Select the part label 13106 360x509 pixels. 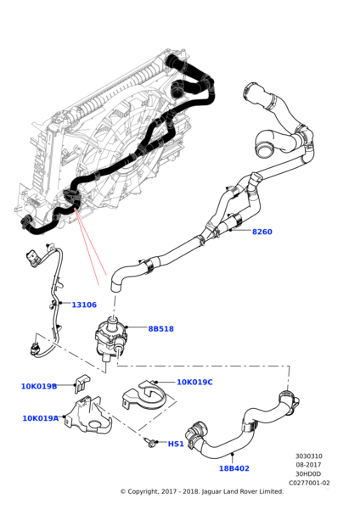[83, 305]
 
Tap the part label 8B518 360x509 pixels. [160, 328]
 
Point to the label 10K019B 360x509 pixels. [39, 386]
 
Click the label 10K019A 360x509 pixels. [41, 418]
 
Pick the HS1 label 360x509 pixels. [176, 444]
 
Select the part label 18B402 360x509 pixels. [233, 468]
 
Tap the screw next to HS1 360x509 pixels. [150, 441]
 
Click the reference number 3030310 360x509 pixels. [308, 456]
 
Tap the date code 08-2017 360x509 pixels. [308, 465]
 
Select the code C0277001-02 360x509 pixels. [308, 483]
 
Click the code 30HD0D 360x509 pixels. [308, 473]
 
